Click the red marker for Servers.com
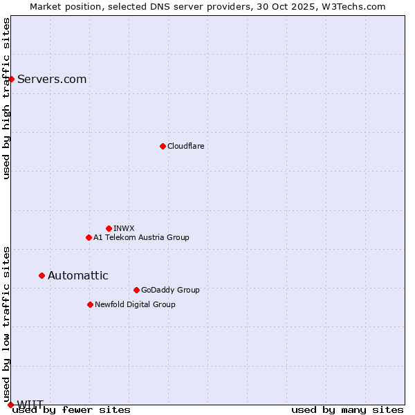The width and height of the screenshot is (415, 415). click(11, 79)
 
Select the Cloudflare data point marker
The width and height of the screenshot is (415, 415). click(163, 146)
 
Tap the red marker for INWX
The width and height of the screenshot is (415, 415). click(109, 228)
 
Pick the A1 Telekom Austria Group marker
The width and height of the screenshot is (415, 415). click(89, 237)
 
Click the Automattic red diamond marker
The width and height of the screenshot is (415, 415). click(41, 275)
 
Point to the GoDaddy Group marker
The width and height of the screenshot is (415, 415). click(136, 290)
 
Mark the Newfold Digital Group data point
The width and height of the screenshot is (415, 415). click(90, 304)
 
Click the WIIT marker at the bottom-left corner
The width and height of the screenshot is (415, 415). click(10, 405)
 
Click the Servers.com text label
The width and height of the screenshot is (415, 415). click(52, 79)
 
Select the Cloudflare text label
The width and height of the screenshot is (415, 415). click(185, 146)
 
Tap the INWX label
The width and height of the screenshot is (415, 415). click(124, 228)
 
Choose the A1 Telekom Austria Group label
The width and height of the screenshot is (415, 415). click(141, 237)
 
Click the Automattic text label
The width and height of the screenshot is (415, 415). click(77, 275)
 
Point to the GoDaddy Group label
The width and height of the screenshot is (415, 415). click(170, 290)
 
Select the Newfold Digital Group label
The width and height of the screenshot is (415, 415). click(135, 304)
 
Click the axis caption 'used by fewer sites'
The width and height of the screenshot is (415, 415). click(72, 409)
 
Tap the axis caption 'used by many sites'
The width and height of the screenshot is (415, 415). click(347, 409)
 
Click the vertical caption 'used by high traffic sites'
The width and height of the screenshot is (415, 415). click(6, 98)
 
